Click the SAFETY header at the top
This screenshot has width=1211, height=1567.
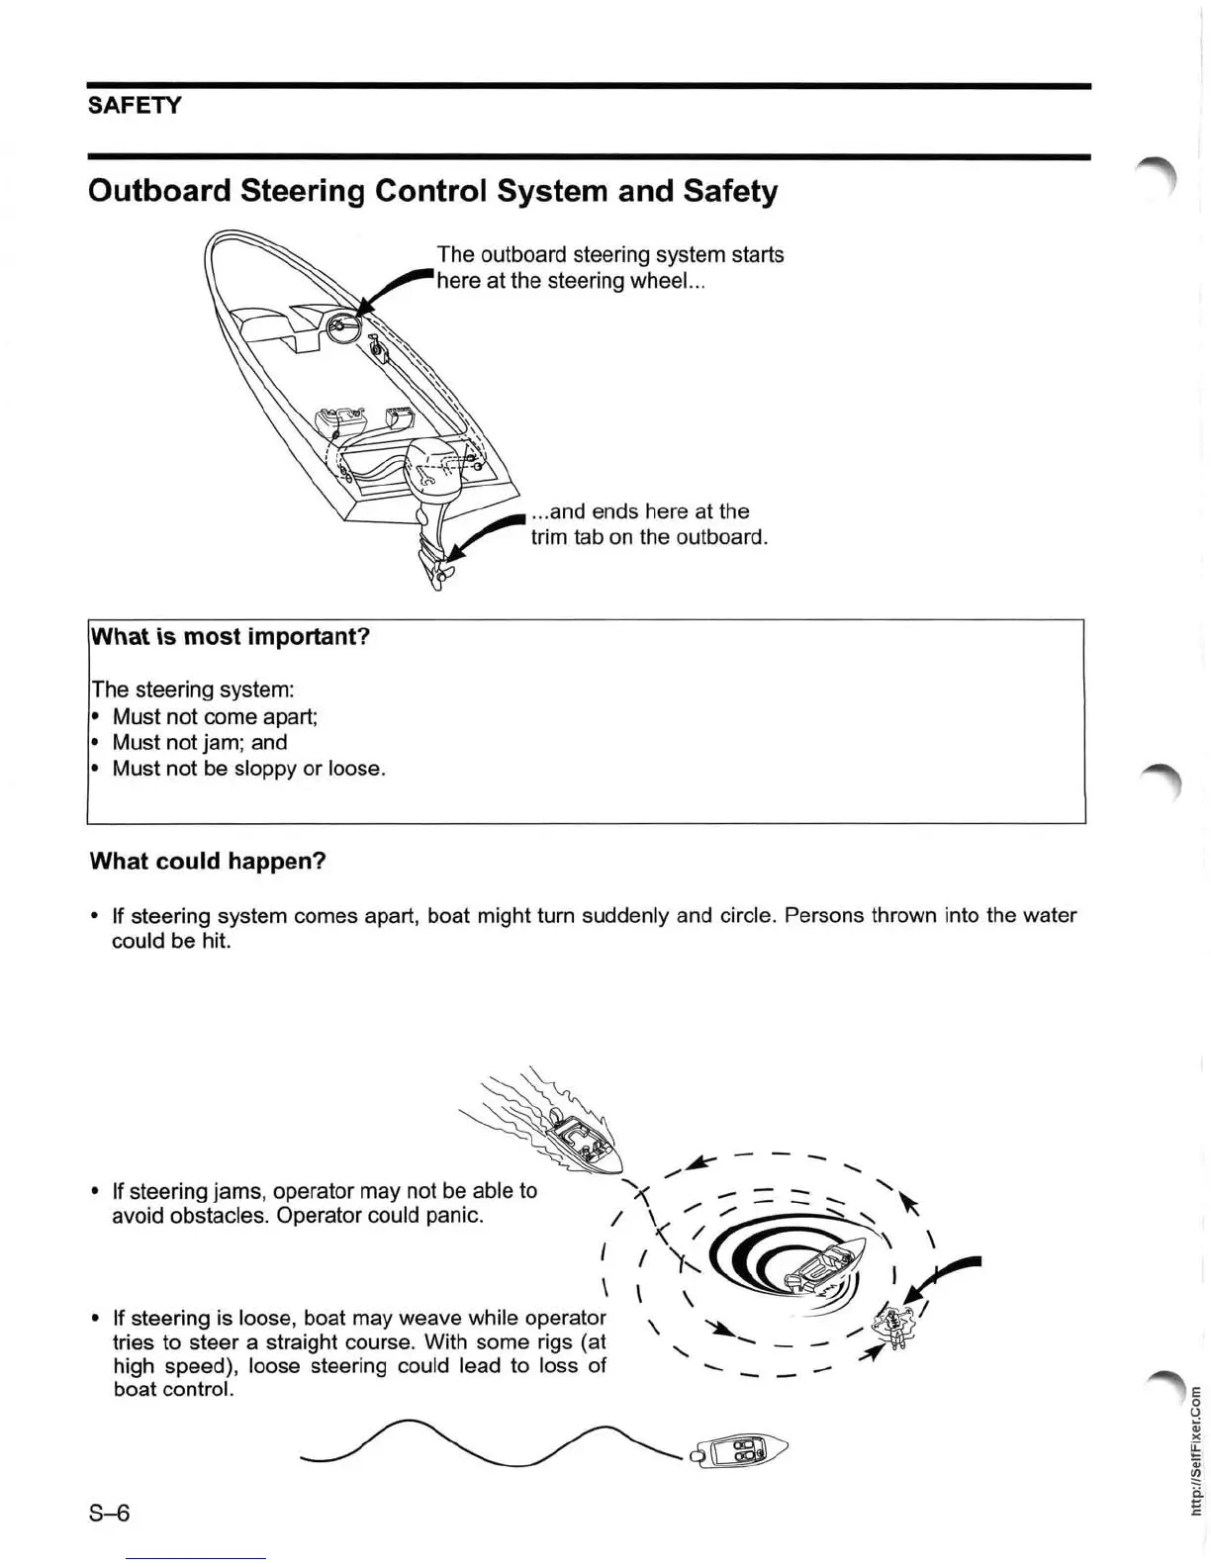(135, 105)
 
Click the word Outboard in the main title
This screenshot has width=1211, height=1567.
(158, 191)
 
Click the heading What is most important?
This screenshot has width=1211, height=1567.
(230, 636)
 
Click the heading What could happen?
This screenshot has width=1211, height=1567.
(208, 861)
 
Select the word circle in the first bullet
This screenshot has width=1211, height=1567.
(743, 915)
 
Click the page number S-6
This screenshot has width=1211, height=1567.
(109, 1513)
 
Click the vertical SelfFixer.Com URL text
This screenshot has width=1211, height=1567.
(1195, 1449)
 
